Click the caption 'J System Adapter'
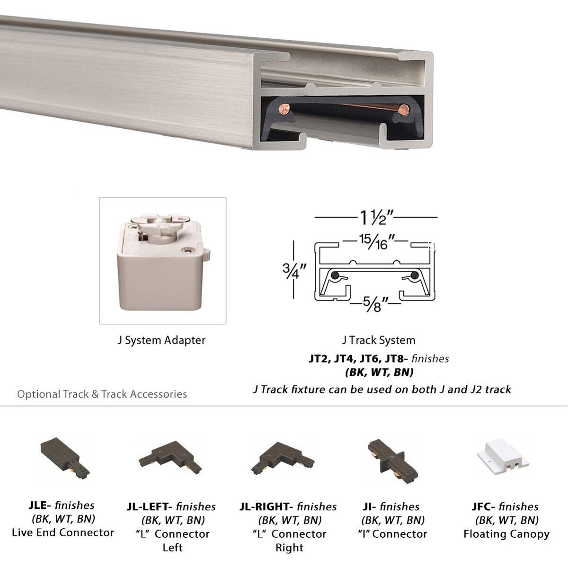pos(161,340)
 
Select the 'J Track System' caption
pos(378,340)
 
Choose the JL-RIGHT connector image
pos(282,458)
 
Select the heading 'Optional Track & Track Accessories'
pos(102,394)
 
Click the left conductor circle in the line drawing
pos(335,275)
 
